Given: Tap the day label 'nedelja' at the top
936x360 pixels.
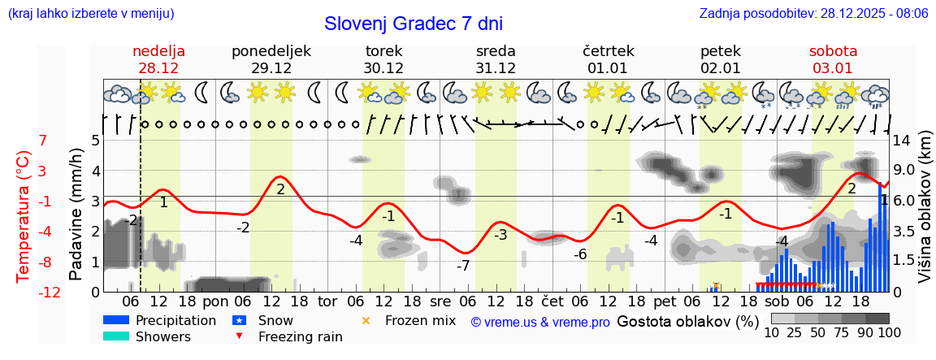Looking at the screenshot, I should (159, 50).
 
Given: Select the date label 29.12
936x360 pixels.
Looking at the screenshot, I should (271, 67).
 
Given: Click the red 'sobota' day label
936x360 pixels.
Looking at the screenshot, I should (833, 50).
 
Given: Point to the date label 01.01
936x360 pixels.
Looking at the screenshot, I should (608, 67).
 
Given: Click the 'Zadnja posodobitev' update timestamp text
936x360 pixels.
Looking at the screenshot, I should (813, 13).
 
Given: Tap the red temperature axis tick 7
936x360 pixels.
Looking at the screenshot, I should (42, 141).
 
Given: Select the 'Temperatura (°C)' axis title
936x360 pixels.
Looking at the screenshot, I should (24, 215).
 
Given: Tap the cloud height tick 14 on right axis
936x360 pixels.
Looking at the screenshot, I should (902, 141).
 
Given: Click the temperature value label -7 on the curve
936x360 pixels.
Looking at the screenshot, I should (462, 266).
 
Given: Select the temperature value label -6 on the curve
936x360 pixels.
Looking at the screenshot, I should (579, 254).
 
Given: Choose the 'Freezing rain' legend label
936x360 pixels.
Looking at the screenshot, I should (296, 336).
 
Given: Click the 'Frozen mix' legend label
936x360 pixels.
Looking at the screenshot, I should (420, 320).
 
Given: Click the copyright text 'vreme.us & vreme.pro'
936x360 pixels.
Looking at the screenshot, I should (540, 322).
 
